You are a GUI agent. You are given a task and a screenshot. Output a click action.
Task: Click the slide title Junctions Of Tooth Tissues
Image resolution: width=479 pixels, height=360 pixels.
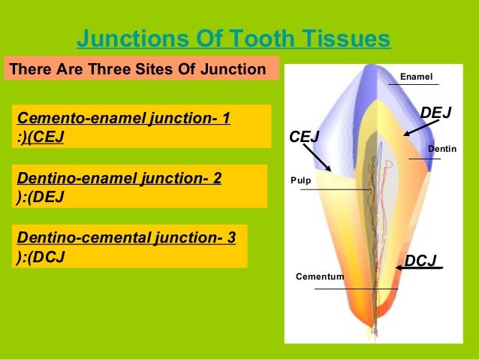click(x=233, y=38)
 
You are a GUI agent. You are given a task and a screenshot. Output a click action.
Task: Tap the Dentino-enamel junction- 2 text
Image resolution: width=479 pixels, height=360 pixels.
click(x=119, y=178)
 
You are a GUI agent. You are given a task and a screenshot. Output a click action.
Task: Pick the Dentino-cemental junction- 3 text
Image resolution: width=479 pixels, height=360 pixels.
click(x=126, y=238)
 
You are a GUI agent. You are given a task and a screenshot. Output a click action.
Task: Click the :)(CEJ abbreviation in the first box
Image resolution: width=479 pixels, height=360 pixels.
click(x=41, y=137)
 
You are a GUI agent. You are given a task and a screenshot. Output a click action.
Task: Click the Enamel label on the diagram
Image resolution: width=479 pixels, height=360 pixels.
click(x=417, y=77)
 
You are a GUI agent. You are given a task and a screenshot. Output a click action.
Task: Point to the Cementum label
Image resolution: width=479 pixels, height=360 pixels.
click(x=320, y=277)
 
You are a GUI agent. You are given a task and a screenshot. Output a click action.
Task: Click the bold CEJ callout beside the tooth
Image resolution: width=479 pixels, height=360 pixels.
click(x=304, y=138)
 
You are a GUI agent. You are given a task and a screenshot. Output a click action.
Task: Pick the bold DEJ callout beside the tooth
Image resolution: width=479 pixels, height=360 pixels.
click(x=435, y=113)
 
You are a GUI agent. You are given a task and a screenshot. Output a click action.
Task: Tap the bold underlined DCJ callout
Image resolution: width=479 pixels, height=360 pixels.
click(x=420, y=261)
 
